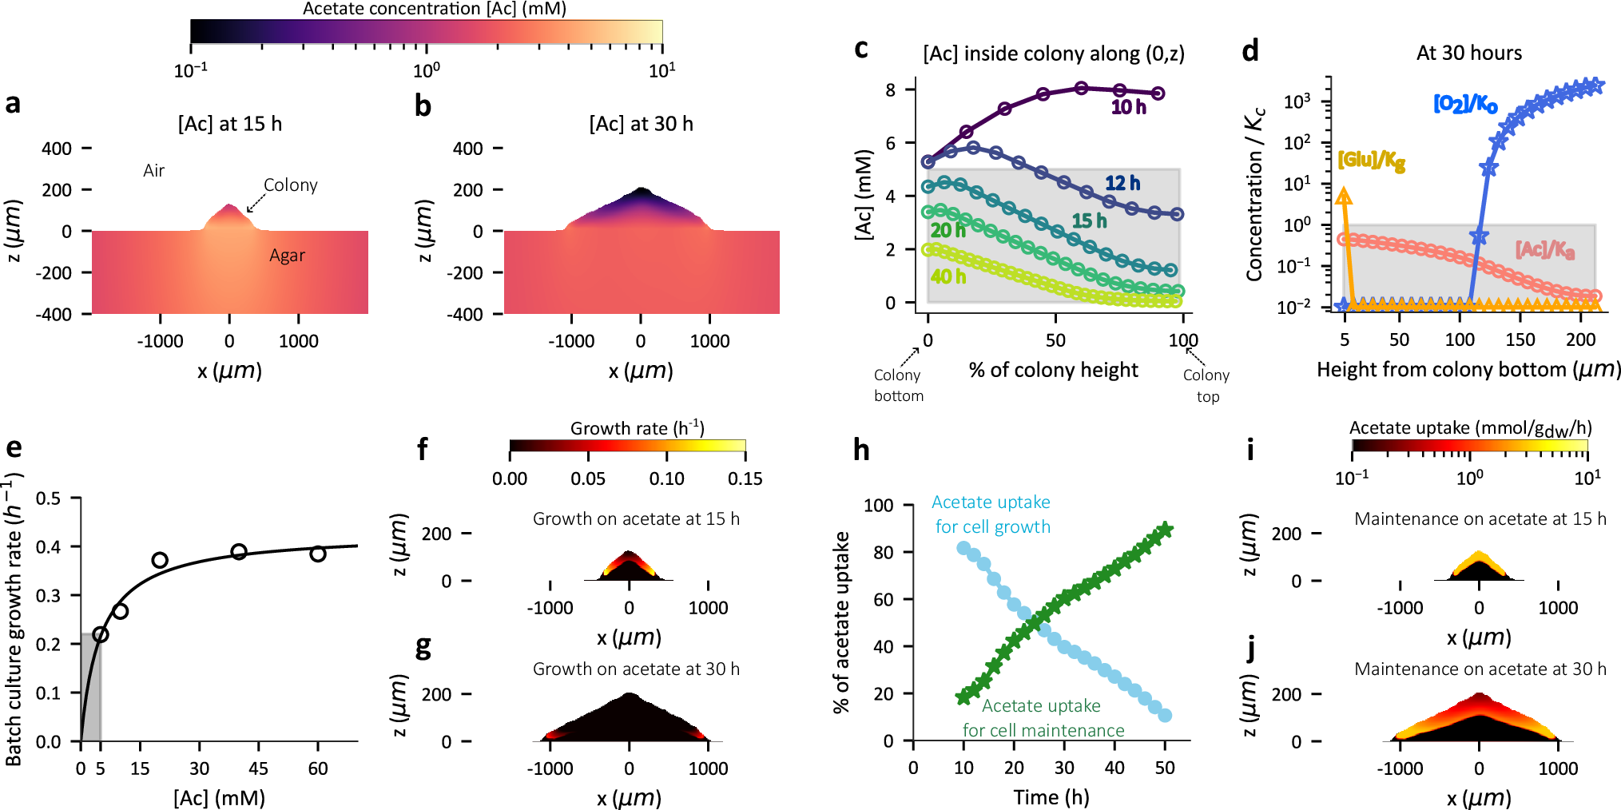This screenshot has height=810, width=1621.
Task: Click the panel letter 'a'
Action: click(x=13, y=104)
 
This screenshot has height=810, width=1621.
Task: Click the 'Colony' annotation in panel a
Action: click(x=290, y=185)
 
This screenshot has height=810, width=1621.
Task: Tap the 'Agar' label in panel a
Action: click(x=287, y=256)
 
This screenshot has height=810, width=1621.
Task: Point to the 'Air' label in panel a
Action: click(x=153, y=171)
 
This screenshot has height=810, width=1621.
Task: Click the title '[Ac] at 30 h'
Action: click(x=641, y=124)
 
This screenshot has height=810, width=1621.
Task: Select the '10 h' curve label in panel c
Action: click(x=1128, y=107)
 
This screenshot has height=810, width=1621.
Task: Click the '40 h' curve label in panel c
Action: click(x=948, y=277)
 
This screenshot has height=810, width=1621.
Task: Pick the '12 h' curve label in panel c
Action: click(x=1122, y=184)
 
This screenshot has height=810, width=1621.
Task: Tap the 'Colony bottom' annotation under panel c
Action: click(x=898, y=385)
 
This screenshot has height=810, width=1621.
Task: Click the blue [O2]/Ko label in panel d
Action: click(x=1465, y=104)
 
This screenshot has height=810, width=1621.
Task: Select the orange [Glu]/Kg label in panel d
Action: click(x=1371, y=161)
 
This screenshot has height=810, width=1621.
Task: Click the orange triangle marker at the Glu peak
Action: click(x=1344, y=197)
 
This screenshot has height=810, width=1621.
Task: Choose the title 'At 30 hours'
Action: click(x=1468, y=54)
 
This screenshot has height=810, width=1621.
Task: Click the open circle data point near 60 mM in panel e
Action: click(x=318, y=554)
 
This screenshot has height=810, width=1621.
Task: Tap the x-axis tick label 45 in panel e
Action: click(x=258, y=768)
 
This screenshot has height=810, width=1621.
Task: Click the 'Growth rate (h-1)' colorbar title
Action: click(x=637, y=428)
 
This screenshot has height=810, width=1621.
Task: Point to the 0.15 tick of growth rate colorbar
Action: click(x=745, y=478)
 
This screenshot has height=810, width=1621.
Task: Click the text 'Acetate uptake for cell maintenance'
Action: click(x=1042, y=718)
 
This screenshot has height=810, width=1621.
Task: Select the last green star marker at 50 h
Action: click(x=1166, y=530)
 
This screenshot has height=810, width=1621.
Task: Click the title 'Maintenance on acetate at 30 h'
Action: click(x=1480, y=669)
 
